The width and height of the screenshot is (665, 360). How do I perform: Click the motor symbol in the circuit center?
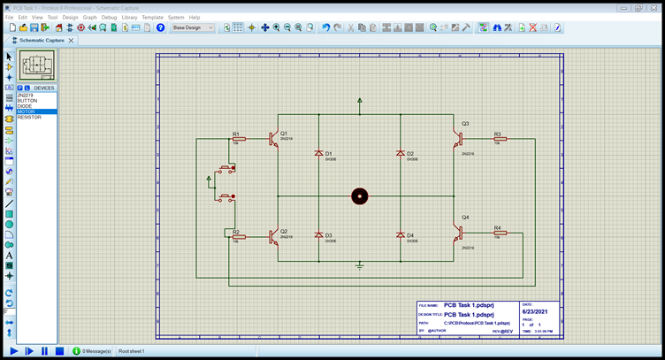(359, 195)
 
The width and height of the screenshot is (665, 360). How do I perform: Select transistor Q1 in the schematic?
(274, 139)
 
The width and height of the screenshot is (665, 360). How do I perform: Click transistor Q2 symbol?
(274, 236)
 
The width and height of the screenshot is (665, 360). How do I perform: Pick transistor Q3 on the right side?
(458, 139)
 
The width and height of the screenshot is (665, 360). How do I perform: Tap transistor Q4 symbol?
(458, 233)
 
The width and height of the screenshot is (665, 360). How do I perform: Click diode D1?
(318, 154)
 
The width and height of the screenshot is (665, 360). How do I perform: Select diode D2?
(400, 154)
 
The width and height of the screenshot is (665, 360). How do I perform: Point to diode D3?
(318, 235)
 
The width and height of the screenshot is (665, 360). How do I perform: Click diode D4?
(400, 235)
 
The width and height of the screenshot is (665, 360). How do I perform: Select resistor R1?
(237, 140)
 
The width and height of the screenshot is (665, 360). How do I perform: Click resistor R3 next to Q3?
(500, 139)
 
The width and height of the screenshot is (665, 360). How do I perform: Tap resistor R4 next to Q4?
(500, 233)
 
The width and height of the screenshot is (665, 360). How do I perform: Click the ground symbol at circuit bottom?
(359, 264)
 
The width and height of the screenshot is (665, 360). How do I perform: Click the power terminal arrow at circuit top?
(359, 101)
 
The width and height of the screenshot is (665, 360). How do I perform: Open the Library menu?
(129, 17)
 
